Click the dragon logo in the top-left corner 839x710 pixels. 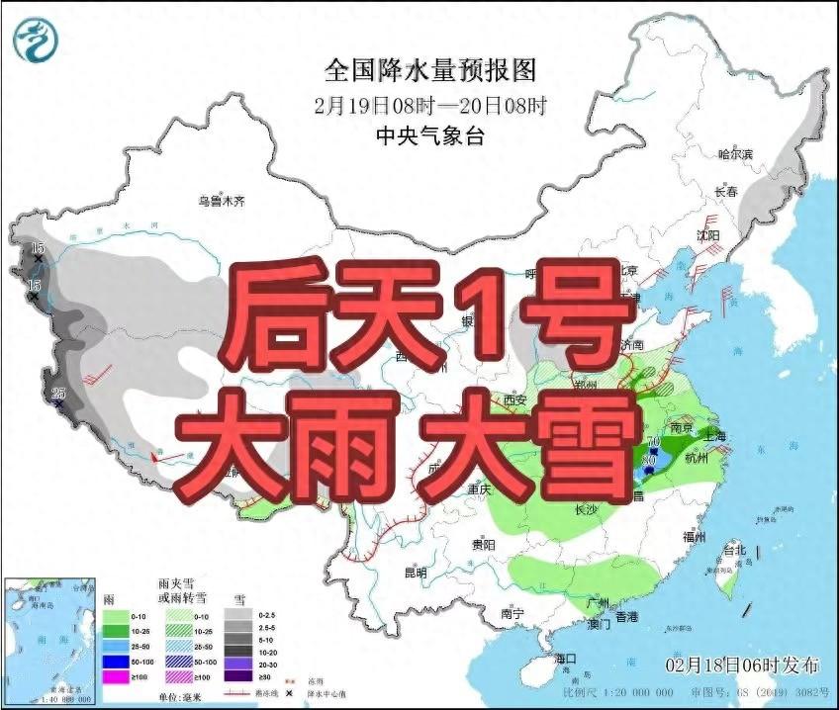[x=36, y=39]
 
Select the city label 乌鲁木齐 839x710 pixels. [x=220, y=202]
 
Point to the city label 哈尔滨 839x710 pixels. [x=734, y=154]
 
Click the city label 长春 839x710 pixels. [x=726, y=192]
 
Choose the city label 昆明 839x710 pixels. [x=416, y=573]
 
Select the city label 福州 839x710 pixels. [x=694, y=537]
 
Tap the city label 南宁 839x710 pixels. [x=512, y=613]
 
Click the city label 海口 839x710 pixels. [x=566, y=658]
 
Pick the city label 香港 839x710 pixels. [x=626, y=616]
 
